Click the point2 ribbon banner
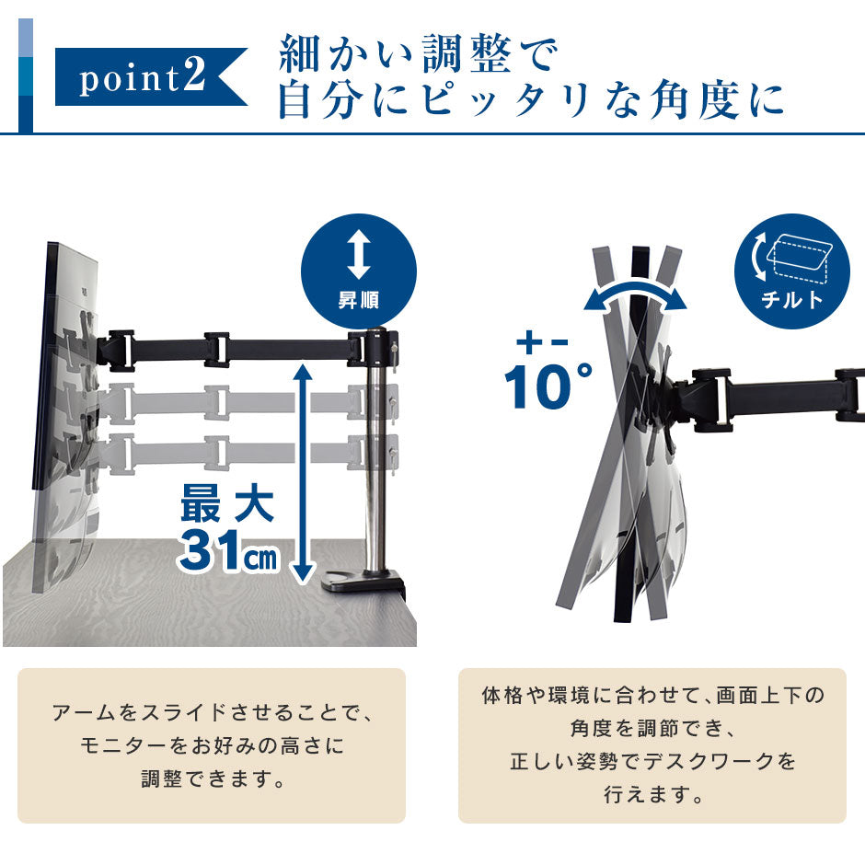[x=149, y=76]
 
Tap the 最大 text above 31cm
[x=227, y=503]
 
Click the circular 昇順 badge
[x=359, y=271]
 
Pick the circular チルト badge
[x=791, y=271]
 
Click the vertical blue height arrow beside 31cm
[x=303, y=473]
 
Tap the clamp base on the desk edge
[x=365, y=582]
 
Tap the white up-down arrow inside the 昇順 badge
[x=359, y=255]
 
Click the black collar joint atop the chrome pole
[x=374, y=347]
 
